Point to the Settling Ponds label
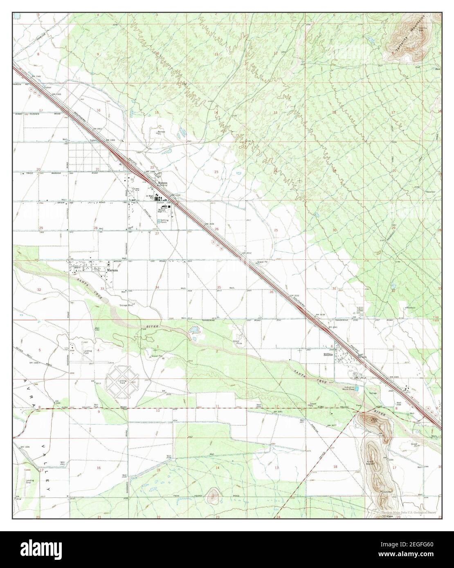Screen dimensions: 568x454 coord(163,221)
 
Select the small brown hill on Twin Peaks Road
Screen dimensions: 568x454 coord(212,496)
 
